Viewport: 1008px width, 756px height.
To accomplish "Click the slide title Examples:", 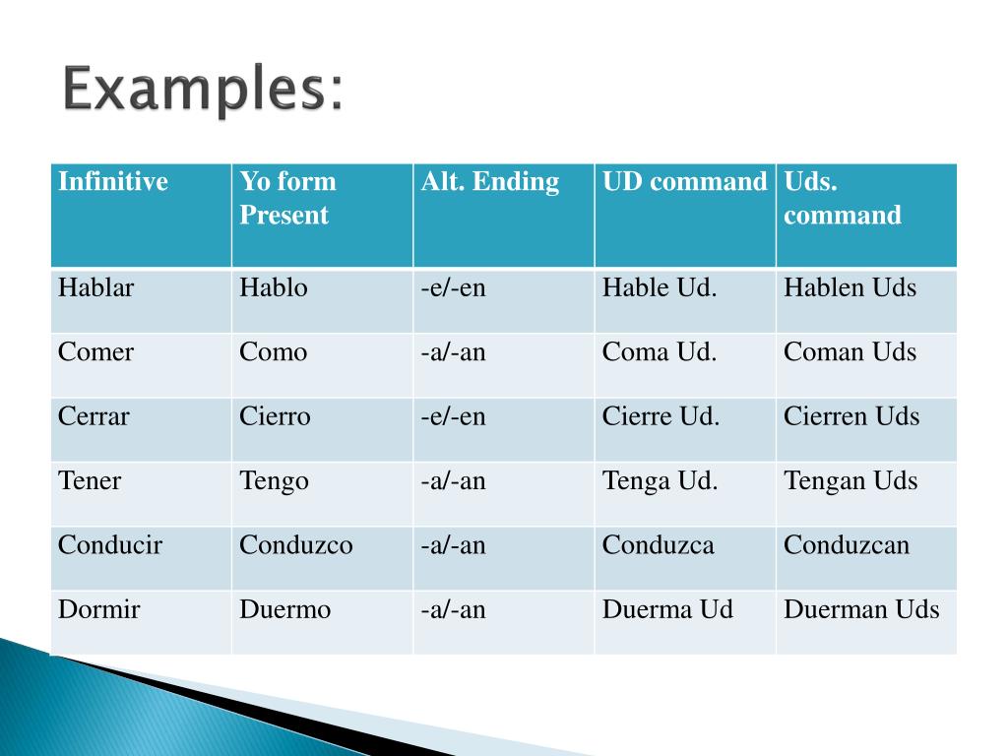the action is pyautogui.click(x=203, y=90).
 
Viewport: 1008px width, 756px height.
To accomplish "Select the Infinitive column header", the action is pyautogui.click(x=113, y=181).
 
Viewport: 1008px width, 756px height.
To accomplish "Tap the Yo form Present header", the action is pyautogui.click(x=287, y=198).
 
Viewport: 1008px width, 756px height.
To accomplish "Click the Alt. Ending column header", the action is pyautogui.click(x=490, y=182).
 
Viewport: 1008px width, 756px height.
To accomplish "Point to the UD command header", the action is pyautogui.click(x=685, y=181).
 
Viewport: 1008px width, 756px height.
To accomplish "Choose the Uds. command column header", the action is pyautogui.click(x=843, y=198).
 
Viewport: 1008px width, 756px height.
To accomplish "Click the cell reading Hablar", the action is pyautogui.click(x=95, y=287).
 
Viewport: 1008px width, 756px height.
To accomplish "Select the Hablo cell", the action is pyautogui.click(x=274, y=287).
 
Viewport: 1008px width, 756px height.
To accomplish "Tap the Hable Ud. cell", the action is pyautogui.click(x=660, y=287).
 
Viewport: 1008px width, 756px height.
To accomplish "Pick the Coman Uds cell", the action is pyautogui.click(x=850, y=351).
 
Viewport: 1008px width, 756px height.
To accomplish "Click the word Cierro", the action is pyautogui.click(x=276, y=416).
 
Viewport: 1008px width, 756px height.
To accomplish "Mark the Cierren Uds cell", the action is pyautogui.click(x=851, y=416).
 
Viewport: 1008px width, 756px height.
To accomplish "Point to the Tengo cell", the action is pyautogui.click(x=274, y=481).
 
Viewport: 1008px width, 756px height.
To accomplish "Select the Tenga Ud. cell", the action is pyautogui.click(x=661, y=481).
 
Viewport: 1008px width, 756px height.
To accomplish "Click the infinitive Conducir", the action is pyautogui.click(x=110, y=544).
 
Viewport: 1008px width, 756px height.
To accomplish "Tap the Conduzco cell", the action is pyautogui.click(x=295, y=544).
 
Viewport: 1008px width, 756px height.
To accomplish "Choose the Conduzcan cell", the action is pyautogui.click(x=847, y=544).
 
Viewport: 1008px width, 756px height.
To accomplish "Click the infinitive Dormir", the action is pyautogui.click(x=99, y=608).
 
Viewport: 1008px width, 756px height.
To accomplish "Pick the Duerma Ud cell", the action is pyautogui.click(x=668, y=608).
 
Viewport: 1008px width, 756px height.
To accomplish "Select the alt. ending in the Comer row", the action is pyautogui.click(x=453, y=351).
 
